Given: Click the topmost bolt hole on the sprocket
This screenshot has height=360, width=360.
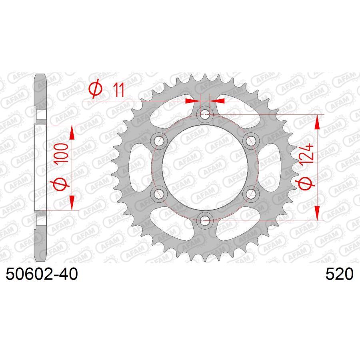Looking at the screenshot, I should (x=205, y=114).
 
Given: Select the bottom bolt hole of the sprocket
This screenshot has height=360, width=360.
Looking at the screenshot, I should (x=205, y=219).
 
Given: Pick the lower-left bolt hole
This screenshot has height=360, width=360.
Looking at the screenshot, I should (x=160, y=193).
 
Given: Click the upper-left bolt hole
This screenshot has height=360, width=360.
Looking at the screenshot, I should (x=160, y=140).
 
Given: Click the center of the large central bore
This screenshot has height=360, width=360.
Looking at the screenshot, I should (x=205, y=167).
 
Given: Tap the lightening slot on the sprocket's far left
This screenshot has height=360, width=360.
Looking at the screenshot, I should (x=139, y=167).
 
